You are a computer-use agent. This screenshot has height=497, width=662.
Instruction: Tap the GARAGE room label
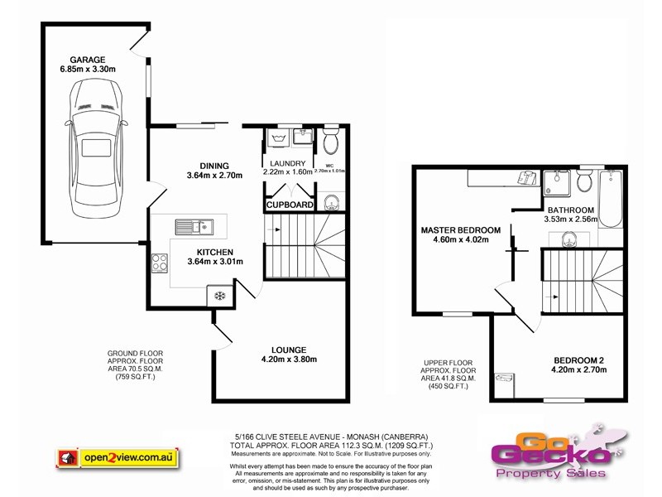point(87,59)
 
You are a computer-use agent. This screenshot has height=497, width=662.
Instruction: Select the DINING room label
point(214,166)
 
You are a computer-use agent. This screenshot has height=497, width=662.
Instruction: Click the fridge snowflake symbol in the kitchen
point(219,297)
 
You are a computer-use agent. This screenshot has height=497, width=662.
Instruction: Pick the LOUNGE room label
point(282,350)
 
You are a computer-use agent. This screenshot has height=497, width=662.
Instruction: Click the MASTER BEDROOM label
point(461,229)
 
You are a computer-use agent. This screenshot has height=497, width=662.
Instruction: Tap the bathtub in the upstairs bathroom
point(613,199)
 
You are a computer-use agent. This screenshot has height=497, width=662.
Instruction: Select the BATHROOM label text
point(569,210)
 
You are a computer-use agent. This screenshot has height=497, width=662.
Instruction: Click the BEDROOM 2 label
point(579,359)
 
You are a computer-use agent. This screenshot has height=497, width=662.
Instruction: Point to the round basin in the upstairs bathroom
point(569,240)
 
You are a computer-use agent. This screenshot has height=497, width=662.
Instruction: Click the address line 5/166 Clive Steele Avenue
point(331,437)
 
